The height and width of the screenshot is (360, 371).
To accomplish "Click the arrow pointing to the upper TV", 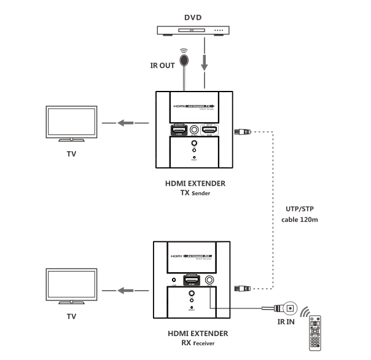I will [x=125, y=123].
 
